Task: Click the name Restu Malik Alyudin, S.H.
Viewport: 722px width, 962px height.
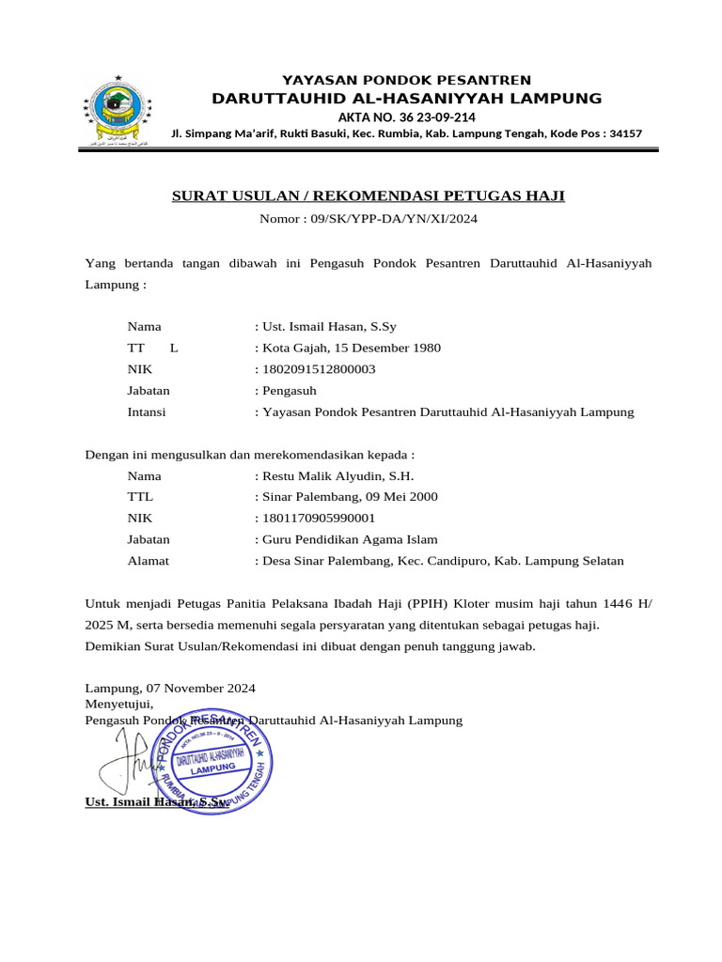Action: pyautogui.click(x=337, y=476)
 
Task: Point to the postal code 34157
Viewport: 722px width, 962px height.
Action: pyautogui.click(x=625, y=133)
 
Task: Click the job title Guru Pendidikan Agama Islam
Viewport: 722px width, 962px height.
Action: pyautogui.click(x=349, y=539)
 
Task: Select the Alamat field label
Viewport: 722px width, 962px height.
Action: pyautogui.click(x=149, y=561)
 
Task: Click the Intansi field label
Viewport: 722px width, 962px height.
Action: pyautogui.click(x=149, y=411)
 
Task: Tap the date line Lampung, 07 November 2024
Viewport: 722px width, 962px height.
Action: pyautogui.click(x=170, y=688)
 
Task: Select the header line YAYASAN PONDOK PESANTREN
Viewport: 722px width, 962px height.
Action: pyautogui.click(x=406, y=80)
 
